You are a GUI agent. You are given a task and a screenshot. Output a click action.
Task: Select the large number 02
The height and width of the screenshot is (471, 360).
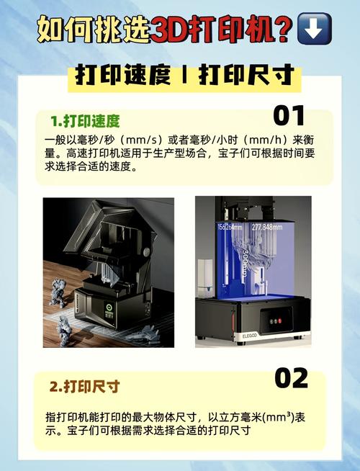[291, 378]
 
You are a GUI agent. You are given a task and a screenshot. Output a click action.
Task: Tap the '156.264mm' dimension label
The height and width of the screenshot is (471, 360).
[228, 227]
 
